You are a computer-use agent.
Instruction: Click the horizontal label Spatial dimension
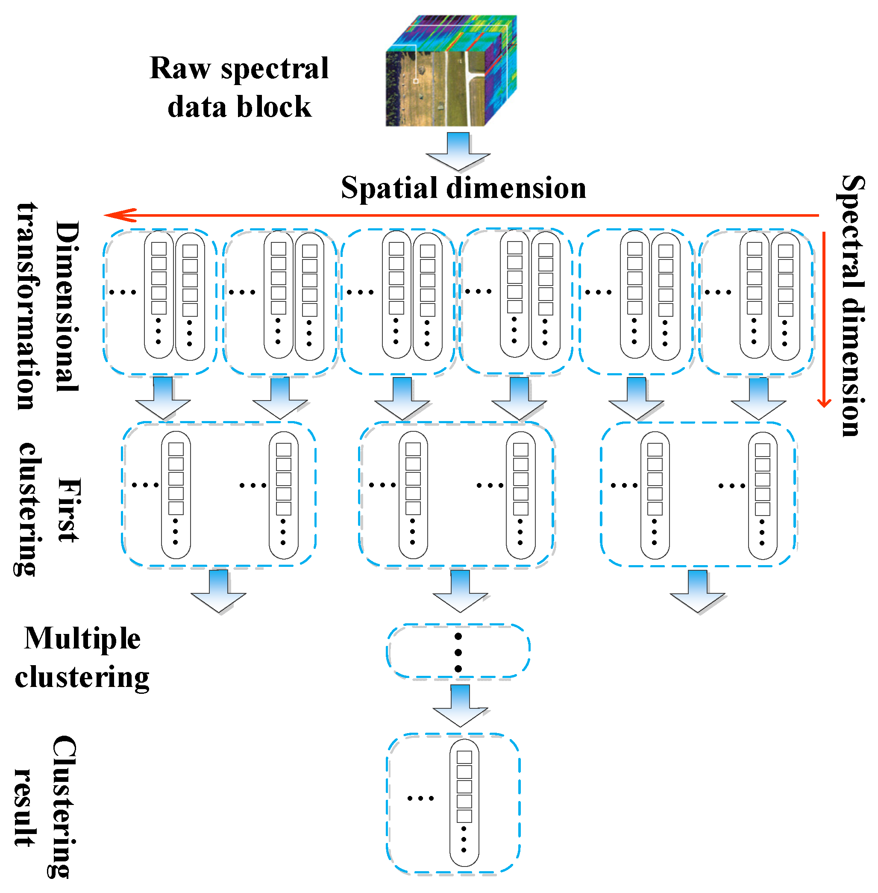[464, 188]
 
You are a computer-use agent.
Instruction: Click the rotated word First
[69, 509]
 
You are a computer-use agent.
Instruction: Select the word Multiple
[82, 639]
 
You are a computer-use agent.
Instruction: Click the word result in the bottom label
[24, 807]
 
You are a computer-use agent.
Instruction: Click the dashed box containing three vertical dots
[458, 651]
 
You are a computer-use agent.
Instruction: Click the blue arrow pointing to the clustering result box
[460, 706]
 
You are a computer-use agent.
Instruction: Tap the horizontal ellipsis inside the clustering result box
[420, 799]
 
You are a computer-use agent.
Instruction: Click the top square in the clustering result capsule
[464, 757]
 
